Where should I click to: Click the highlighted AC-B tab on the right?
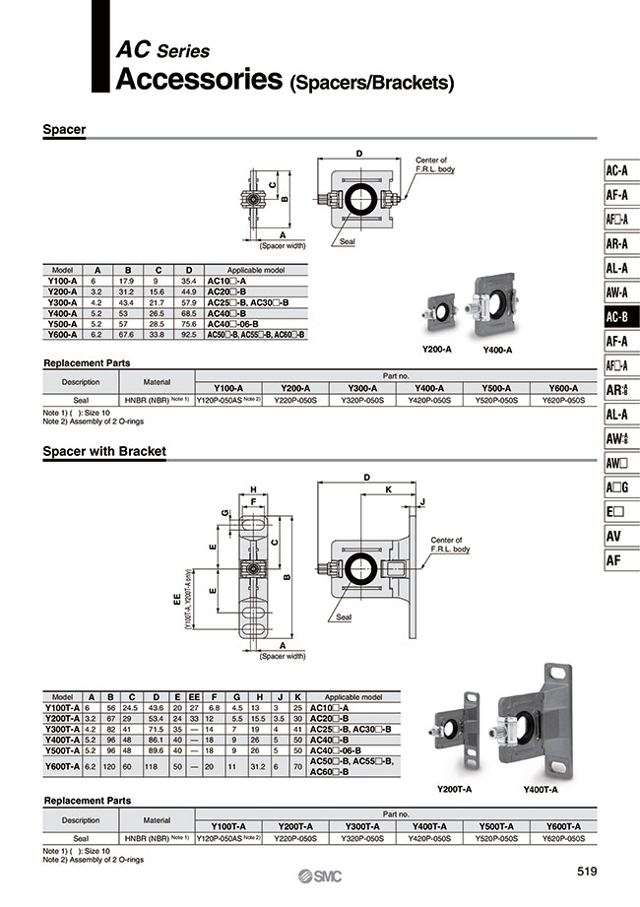(617, 316)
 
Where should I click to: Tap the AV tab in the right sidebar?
(612, 537)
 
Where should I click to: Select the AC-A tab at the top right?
(617, 169)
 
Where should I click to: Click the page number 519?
(587, 872)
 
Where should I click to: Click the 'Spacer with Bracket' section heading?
(104, 451)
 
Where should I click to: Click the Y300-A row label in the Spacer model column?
(63, 302)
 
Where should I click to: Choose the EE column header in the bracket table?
(194, 696)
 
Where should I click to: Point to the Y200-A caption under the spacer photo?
(437, 350)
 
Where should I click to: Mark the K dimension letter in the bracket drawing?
(389, 488)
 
